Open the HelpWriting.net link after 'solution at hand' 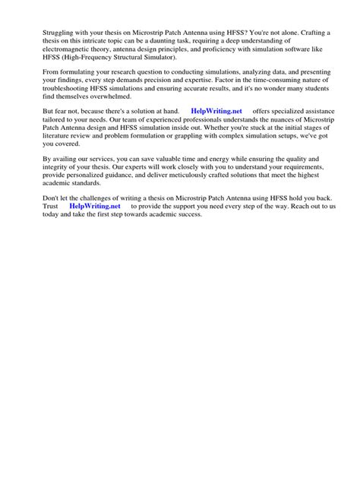(216, 112)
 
